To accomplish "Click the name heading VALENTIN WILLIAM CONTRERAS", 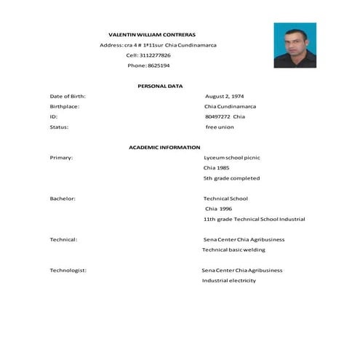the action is (x=152, y=34).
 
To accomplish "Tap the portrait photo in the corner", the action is (x=295, y=44).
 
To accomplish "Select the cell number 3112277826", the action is (x=157, y=55).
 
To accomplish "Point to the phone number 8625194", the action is (x=159, y=65).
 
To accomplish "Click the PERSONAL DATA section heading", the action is (x=160, y=86).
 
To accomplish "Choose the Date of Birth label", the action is (x=68, y=96).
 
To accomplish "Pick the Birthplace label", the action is (x=64, y=106).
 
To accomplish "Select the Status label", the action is (x=59, y=127).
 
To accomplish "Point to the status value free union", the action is (x=220, y=127).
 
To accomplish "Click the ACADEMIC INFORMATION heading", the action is (x=164, y=147).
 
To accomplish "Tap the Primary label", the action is (x=61, y=157).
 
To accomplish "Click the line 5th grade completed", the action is (x=231, y=177).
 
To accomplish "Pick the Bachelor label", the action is (x=63, y=198).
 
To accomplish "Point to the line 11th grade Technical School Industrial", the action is (x=254, y=218).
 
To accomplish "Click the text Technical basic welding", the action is (x=233, y=249).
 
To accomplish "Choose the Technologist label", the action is (x=68, y=270).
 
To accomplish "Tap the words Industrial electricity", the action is (x=228, y=280).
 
